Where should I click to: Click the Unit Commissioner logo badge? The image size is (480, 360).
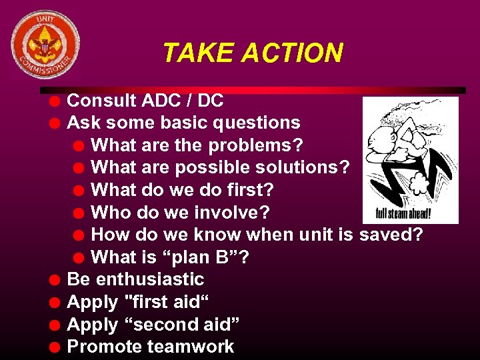point(45,45)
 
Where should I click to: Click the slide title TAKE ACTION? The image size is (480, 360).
point(253,53)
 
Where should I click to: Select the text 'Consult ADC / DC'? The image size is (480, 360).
point(145,101)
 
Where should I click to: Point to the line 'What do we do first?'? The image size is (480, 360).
point(181,190)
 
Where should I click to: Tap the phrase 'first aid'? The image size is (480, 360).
point(167,302)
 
